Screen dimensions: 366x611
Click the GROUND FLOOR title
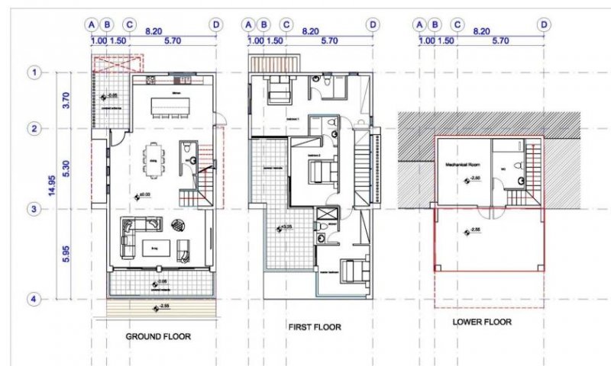click(x=158, y=335)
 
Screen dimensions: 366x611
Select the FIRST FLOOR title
click(x=315, y=327)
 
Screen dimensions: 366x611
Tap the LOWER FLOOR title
click(x=482, y=323)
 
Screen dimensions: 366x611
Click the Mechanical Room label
click(x=461, y=164)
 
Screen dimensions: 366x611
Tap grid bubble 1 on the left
click(x=34, y=72)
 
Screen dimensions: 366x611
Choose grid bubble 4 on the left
click(x=34, y=300)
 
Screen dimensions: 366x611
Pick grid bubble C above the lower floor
click(x=457, y=25)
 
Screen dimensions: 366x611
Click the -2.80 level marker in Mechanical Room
click(x=473, y=178)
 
